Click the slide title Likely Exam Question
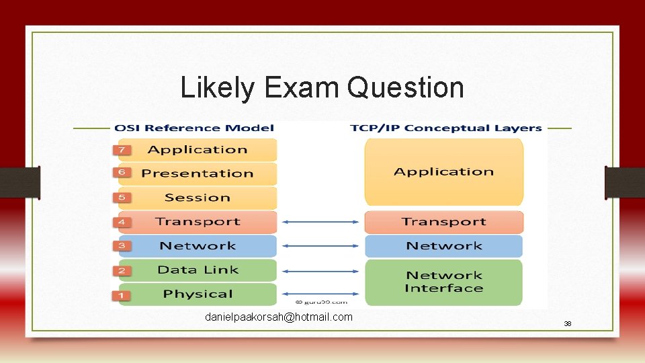[322, 88]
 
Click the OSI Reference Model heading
[194, 128]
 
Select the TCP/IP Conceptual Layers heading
[445, 128]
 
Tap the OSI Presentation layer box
[198, 173]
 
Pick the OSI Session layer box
[198, 198]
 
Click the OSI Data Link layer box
[198, 270]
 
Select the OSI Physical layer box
[198, 294]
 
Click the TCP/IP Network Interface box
[443, 282]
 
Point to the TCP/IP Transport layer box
[443, 222]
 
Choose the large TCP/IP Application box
[443, 172]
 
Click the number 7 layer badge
[122, 149]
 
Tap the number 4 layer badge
[122, 222]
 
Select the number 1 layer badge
[122, 294]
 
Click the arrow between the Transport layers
[320, 222]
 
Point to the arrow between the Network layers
[320, 246]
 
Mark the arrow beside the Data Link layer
[320, 271]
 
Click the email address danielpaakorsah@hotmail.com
[278, 317]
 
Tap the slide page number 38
[567, 324]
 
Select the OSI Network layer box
[198, 246]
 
